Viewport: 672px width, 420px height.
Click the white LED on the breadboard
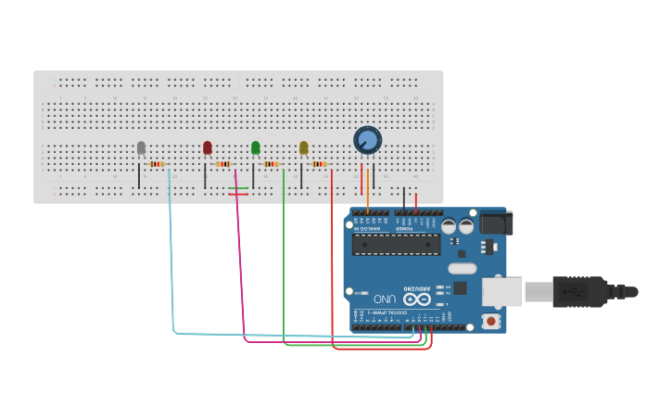click(x=141, y=148)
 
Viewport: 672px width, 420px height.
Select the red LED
click(x=208, y=147)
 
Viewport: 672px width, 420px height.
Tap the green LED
click(x=256, y=147)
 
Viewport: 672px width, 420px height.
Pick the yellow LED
click(x=304, y=147)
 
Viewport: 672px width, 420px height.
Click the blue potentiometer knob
click(x=368, y=140)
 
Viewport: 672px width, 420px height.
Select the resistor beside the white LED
click(x=157, y=164)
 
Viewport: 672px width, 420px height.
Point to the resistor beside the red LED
click(x=223, y=164)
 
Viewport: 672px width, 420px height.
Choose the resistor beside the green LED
click(x=271, y=164)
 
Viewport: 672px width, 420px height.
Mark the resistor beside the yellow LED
click(x=319, y=164)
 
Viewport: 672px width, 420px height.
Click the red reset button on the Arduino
click(x=490, y=321)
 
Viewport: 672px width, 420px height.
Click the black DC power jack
click(x=494, y=223)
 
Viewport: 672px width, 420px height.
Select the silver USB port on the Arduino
click(x=501, y=291)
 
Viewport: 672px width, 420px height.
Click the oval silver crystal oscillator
click(x=461, y=269)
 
